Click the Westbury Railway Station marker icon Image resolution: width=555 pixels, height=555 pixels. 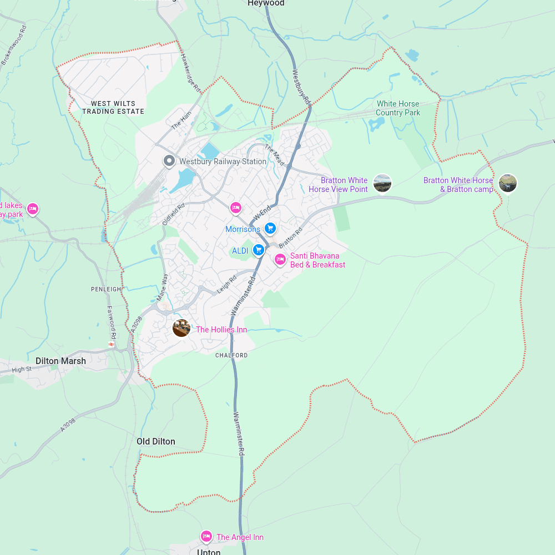pos(169,161)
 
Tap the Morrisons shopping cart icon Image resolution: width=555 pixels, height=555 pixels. pos(270,228)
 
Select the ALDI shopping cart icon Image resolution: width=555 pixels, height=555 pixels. pos(258,250)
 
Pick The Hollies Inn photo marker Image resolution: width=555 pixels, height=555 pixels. pos(181,328)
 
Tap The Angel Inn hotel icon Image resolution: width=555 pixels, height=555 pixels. pos(206,536)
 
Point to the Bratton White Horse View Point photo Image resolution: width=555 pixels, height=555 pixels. pos(382,183)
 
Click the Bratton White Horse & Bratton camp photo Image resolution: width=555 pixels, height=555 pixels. pos(508,183)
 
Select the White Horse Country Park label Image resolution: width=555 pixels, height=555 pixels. pos(398,108)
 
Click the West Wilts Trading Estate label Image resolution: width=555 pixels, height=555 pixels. pos(113,108)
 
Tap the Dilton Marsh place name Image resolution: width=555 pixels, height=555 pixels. pos(61,361)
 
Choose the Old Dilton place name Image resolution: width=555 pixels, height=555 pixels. pos(156,442)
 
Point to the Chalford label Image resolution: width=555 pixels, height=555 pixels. pos(231,355)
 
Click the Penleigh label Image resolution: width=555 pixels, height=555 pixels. pos(106,289)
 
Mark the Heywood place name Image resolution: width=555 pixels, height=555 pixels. pos(266,3)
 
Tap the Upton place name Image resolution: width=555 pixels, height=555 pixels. pos(209,552)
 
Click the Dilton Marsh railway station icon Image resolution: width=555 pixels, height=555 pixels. pos(112,345)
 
